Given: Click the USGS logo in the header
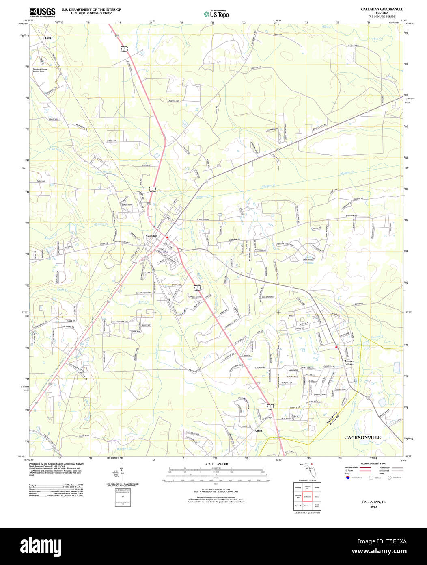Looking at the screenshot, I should pyautogui.click(x=42, y=13).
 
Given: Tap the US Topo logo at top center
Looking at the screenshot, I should pyautogui.click(x=216, y=14).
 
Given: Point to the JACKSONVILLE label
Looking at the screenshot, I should pyautogui.click(x=363, y=437).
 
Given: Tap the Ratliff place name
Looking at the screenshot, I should pyautogui.click(x=259, y=430).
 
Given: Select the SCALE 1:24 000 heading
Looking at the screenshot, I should pyautogui.click(x=216, y=464).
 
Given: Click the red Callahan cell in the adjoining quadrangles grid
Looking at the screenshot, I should pyautogui.click(x=307, y=497).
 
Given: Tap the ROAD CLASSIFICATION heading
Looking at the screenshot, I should pyautogui.click(x=373, y=463).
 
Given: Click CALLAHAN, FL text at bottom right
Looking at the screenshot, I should pyautogui.click(x=373, y=502).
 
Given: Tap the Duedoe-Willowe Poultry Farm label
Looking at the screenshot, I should pyautogui.click(x=40, y=70).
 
